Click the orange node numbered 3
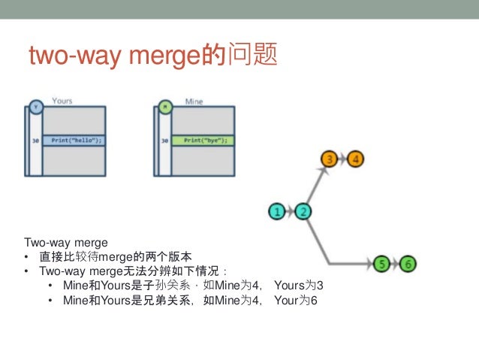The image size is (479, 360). (329, 159)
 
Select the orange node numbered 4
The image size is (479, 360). (355, 159)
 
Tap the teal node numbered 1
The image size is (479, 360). (277, 211)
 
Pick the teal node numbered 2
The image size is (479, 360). (303, 211)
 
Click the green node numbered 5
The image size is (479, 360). (381, 264)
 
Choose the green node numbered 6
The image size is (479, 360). (408, 264)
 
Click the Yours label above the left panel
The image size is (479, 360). (62, 101)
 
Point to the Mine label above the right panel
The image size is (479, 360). (194, 101)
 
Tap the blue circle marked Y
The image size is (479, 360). (35, 107)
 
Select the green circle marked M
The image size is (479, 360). (166, 107)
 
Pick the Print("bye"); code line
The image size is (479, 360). (203, 140)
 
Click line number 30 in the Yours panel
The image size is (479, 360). (35, 141)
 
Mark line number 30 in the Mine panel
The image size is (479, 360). (165, 141)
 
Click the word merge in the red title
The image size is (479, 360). (163, 56)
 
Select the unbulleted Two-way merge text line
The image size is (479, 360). (66, 243)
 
